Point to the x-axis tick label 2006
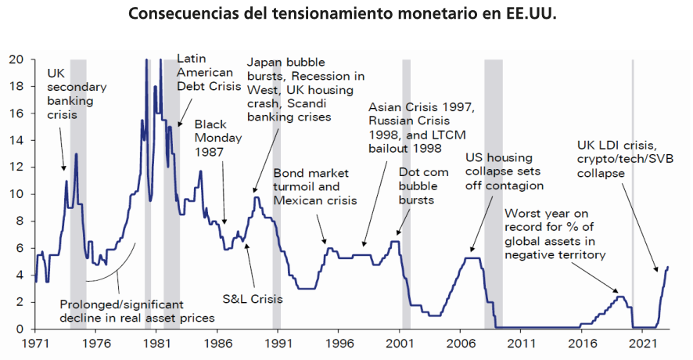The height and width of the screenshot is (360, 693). tap(460, 342)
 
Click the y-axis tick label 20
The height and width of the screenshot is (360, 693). tap(16, 59)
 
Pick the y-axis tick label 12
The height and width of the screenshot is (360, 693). tap(16, 167)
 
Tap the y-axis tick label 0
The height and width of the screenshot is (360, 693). tap(20, 329)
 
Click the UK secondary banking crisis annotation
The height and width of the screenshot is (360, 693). tap(76, 93)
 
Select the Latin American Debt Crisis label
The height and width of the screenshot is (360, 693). tap(204, 72)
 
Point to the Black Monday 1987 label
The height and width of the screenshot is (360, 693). tap(220, 139)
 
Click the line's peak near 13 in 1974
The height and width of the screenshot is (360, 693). tap(76, 154)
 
